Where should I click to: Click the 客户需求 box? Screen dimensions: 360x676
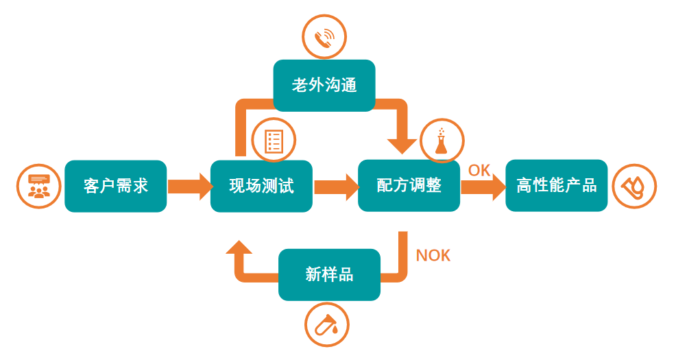pos(115,186)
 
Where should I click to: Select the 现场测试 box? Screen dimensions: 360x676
pos(261,186)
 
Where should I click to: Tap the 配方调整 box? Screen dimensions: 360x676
pos(409,186)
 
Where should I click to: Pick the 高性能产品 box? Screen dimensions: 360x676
pos(556,186)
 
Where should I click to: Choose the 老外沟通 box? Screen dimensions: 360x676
pos(324,86)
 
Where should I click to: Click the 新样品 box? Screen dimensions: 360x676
pos(329,274)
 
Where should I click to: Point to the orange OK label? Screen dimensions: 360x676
pos(479,170)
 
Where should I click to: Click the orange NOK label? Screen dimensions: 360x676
pos(433,255)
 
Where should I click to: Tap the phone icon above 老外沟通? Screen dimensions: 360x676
pos(324,38)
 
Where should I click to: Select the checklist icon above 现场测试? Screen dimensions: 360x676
pos(274,141)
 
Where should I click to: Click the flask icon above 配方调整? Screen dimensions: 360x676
pos(441,141)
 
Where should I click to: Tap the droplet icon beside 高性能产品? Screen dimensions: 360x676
pos(634,187)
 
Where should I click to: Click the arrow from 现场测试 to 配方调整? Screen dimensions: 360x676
pos(335,186)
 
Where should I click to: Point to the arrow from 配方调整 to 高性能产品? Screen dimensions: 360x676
pos(483,187)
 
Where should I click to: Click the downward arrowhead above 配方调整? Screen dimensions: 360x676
pos(402,144)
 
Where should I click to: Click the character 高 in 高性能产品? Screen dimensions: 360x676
pos(524,186)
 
